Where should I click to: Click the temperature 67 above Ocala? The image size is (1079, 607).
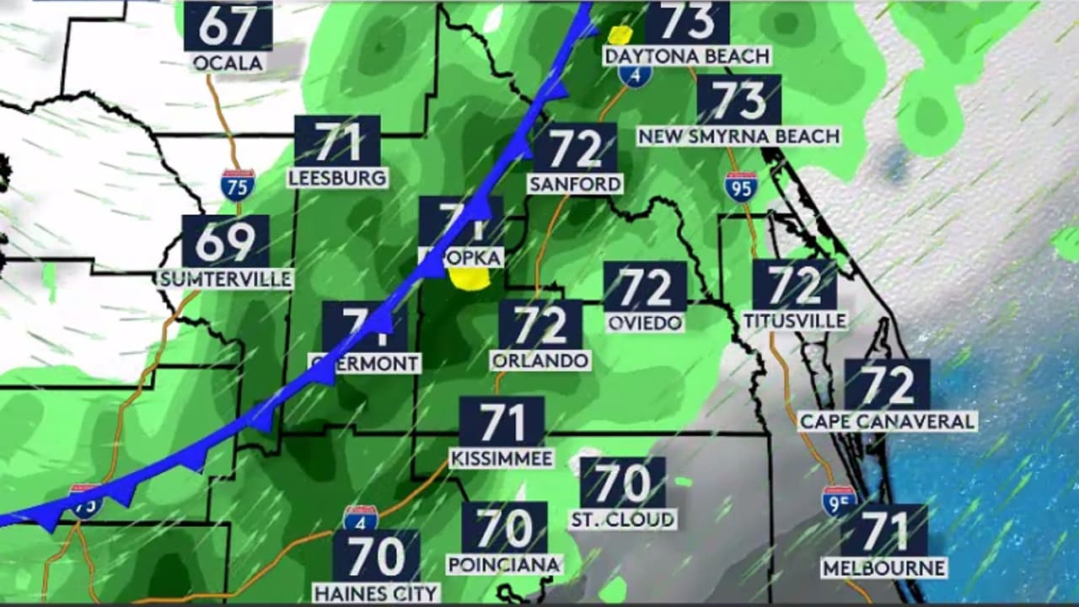click(228, 26)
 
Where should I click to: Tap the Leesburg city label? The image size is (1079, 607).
click(337, 178)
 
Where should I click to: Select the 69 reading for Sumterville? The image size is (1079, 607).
click(225, 242)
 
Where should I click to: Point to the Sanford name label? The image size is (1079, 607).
click(575, 183)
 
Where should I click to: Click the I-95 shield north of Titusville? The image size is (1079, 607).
click(740, 187)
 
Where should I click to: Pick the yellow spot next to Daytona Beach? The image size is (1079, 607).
click(620, 35)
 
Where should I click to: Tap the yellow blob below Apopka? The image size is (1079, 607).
click(470, 279)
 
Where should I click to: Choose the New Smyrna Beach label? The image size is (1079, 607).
click(738, 136)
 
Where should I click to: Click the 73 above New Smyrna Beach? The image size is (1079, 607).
click(738, 99)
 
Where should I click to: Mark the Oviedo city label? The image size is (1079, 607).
click(645, 322)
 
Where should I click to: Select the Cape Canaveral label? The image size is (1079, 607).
click(887, 421)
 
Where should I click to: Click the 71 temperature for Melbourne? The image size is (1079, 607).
click(883, 532)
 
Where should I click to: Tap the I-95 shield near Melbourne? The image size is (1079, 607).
click(839, 500)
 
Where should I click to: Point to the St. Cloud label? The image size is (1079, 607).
click(623, 519)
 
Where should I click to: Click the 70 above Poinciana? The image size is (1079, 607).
click(504, 529)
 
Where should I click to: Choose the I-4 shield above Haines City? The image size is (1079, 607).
click(360, 518)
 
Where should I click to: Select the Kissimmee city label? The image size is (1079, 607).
click(502, 459)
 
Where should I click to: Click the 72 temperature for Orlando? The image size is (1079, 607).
click(539, 325)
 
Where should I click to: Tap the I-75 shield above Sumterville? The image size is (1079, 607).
click(238, 185)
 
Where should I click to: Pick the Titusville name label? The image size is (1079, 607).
click(794, 320)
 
